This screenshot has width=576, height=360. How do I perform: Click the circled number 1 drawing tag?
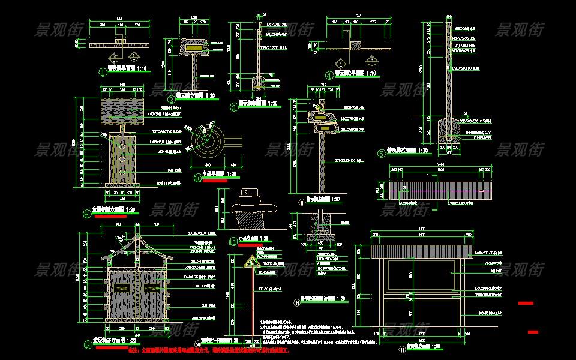tap(103, 73)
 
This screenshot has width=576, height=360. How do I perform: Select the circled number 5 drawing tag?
tap(380, 154)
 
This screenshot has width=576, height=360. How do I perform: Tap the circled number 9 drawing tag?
tap(88, 344)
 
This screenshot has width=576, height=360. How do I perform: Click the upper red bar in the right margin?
tap(526, 304)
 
